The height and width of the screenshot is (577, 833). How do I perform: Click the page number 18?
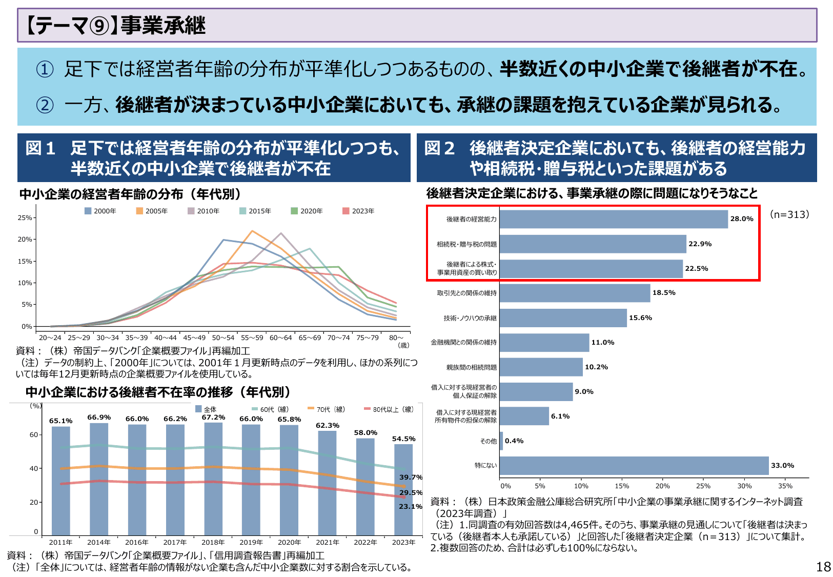click(x=823, y=567)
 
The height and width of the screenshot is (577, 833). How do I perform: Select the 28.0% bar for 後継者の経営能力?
click(x=613, y=219)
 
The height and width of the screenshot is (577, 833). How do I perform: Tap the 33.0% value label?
click(x=782, y=466)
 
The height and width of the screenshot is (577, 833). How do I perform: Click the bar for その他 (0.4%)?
click(x=501, y=441)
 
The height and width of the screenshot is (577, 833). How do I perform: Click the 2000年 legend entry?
click(x=100, y=211)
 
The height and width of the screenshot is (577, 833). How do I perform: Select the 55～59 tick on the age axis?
click(x=252, y=337)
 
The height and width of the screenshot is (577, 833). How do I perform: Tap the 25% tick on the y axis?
click(x=25, y=217)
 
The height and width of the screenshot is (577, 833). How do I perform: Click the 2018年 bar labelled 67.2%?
click(x=213, y=479)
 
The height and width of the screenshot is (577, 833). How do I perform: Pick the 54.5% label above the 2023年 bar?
click(x=404, y=439)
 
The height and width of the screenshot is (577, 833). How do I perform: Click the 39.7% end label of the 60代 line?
click(x=411, y=477)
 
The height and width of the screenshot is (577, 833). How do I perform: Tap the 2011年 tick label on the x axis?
click(x=60, y=542)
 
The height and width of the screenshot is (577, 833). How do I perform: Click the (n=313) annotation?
click(x=789, y=214)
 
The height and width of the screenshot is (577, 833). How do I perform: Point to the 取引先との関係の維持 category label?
click(x=466, y=293)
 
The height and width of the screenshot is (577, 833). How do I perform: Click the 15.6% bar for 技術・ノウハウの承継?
click(x=563, y=318)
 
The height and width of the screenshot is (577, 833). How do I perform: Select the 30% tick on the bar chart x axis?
click(x=744, y=486)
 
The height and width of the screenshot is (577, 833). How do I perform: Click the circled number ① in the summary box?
click(x=45, y=69)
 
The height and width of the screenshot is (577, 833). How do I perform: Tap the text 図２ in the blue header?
click(x=439, y=148)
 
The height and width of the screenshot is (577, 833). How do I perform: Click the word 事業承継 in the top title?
click(x=163, y=26)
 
